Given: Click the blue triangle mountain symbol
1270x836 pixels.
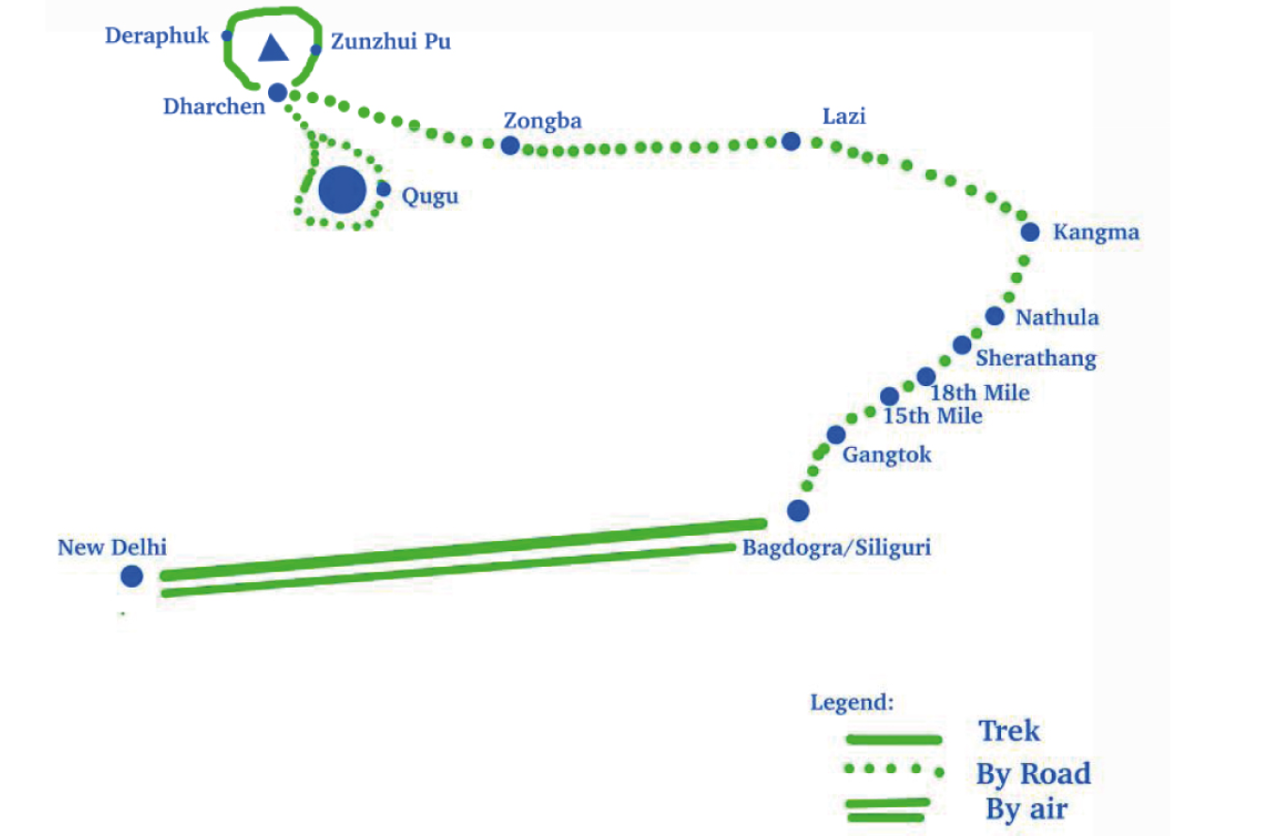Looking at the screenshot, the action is tap(274, 48).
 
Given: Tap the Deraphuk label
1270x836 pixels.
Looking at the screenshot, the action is tap(157, 36).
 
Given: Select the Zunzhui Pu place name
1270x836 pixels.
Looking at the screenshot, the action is tap(391, 41).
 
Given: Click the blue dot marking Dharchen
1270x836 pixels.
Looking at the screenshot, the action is tap(277, 93).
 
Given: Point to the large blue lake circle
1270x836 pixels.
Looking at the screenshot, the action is tap(342, 190).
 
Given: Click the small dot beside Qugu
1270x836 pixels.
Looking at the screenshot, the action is tap(383, 188).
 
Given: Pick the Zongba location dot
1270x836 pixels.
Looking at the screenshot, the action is tap(510, 145).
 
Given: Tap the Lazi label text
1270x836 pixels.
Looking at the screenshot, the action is tap(844, 116).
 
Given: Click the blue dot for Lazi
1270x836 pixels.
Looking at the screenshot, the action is tap(791, 142).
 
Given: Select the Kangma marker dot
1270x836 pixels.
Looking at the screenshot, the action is tap(1030, 231).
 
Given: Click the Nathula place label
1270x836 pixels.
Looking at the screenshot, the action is tap(1057, 318).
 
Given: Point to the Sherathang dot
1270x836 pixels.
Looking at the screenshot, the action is tap(963, 345).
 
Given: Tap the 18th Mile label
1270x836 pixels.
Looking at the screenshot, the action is tap(980, 393).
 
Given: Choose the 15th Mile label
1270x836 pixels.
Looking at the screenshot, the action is tap(933, 416).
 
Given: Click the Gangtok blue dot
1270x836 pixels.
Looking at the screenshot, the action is tap(836, 435).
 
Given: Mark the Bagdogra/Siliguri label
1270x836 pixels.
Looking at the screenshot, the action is tap(837, 547).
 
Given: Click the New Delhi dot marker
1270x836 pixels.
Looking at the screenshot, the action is tap(131, 576).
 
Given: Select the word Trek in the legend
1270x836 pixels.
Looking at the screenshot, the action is tap(1009, 731).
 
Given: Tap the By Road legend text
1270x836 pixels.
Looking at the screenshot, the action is tap(1033, 773).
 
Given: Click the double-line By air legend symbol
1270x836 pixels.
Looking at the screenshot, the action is tap(887, 810).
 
